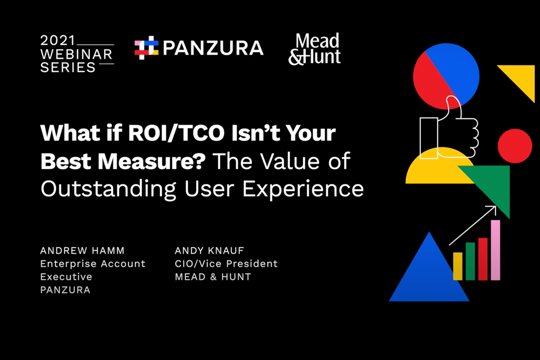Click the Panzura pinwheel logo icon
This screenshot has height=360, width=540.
pyautogui.click(x=147, y=47)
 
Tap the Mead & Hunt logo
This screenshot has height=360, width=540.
pyautogui.click(x=314, y=49)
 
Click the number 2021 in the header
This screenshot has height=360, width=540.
pyautogui.click(x=57, y=41)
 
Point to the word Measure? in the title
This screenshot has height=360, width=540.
pyautogui.click(x=151, y=161)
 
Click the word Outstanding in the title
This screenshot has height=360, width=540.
pyautogui.click(x=109, y=189)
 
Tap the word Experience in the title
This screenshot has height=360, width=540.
pyautogui.click(x=303, y=189)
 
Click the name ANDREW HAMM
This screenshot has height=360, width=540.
pyautogui.click(x=82, y=250)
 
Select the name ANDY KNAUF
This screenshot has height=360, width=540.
pyautogui.click(x=209, y=250)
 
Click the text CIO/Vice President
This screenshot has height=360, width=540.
pyautogui.click(x=226, y=264)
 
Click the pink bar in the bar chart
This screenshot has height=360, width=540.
pyautogui.click(x=495, y=250)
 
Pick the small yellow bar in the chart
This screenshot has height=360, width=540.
pyautogui.click(x=458, y=266)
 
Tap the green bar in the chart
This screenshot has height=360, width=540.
pyautogui.click(x=470, y=261)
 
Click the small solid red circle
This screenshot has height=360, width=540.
pyautogui.click(x=515, y=146)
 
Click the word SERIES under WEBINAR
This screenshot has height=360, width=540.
pyautogui.click(x=68, y=67)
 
